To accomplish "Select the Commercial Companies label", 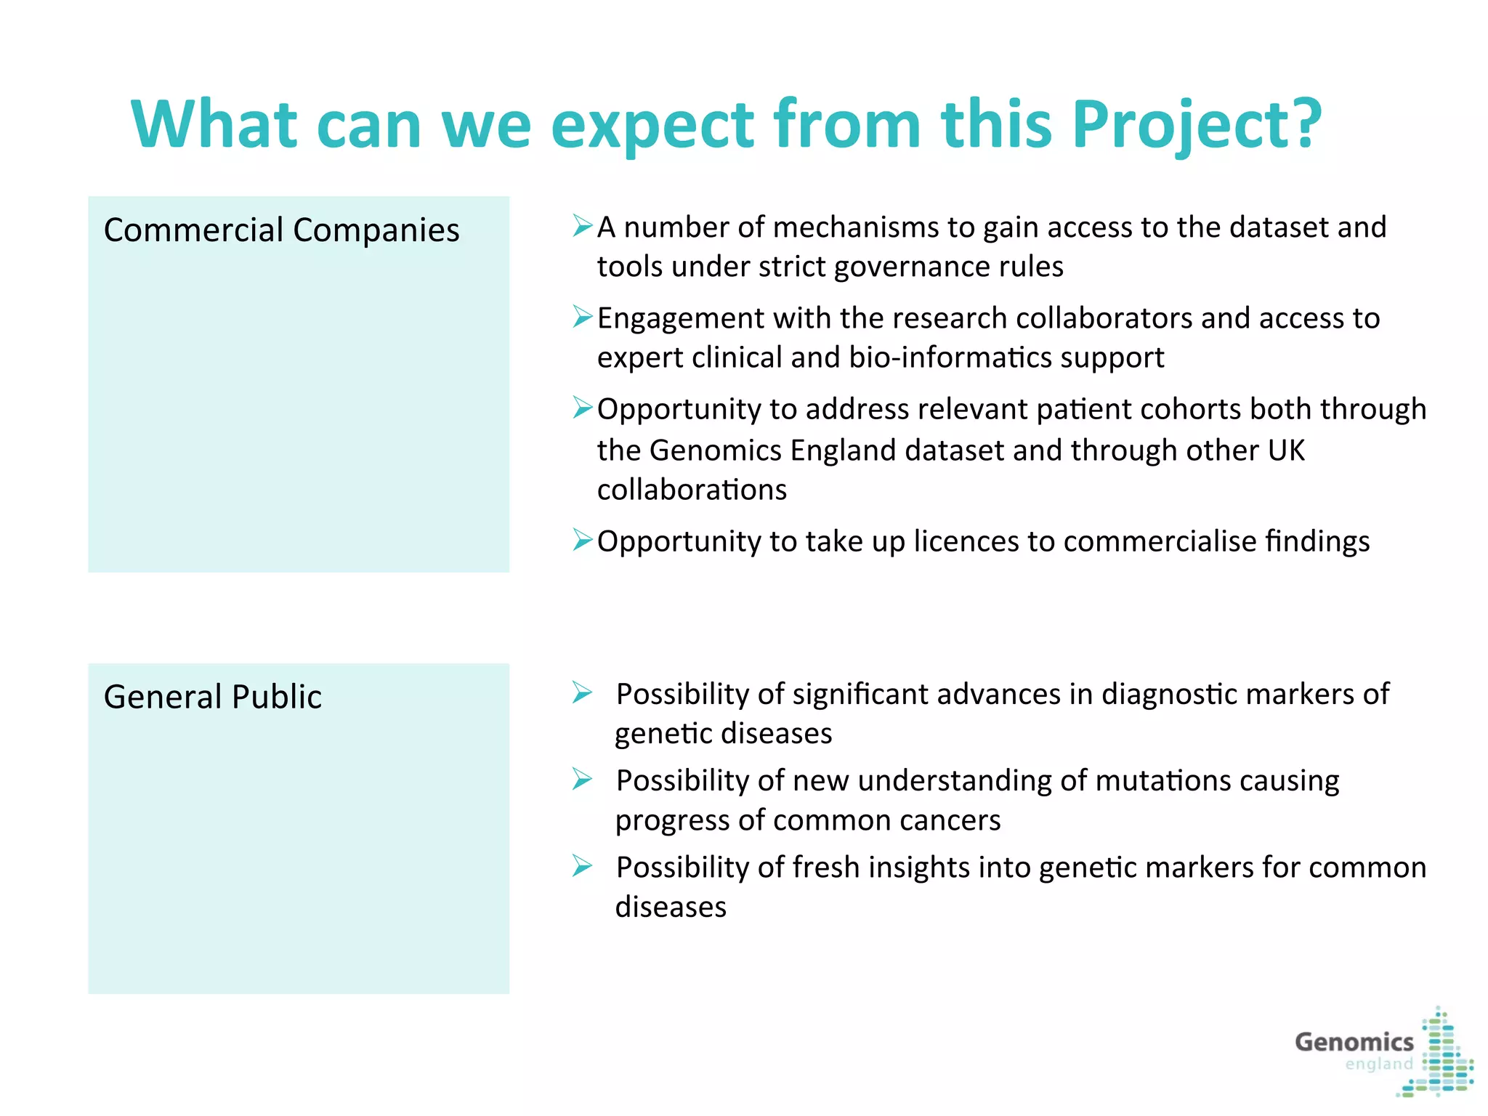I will tap(281, 230).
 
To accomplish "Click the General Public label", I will tap(212, 697).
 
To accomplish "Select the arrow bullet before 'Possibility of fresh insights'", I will tap(582, 865).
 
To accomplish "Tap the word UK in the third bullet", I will tap(1286, 450).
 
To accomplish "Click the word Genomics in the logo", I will tap(1354, 1042).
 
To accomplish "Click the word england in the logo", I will tap(1378, 1064).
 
